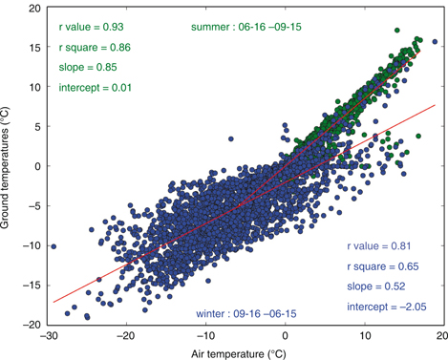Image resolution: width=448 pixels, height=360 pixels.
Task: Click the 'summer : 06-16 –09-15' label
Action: pos(245,26)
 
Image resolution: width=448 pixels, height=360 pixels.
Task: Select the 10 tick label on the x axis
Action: pos(365,335)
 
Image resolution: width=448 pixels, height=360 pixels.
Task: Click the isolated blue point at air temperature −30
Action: pos(53,246)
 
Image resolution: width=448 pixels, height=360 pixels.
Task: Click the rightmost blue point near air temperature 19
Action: pos(436,42)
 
